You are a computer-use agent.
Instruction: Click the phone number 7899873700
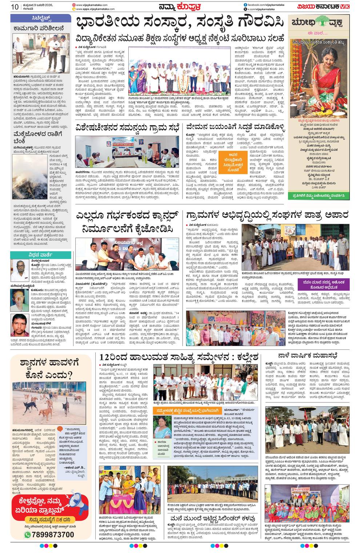click(53, 534)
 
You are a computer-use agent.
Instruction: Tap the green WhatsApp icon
click(28, 534)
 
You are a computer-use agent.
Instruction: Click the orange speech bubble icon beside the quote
click(60, 429)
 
